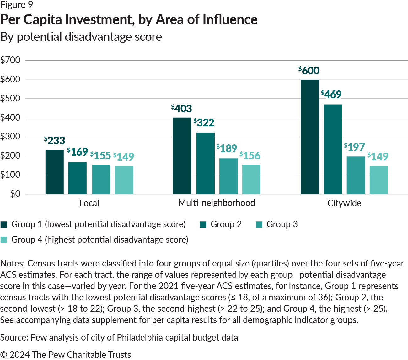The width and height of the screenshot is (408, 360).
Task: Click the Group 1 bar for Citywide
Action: point(310,137)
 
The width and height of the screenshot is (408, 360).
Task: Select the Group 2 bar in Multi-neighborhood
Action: point(206,163)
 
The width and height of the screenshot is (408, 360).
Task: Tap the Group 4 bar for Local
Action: point(124,180)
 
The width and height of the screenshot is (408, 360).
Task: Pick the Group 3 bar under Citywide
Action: point(356,175)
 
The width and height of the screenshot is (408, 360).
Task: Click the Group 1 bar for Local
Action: point(55,172)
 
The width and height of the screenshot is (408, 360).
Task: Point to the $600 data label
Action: point(309,71)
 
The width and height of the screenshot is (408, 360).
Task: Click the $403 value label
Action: point(181,109)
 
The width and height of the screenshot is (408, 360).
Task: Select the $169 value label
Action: point(78,152)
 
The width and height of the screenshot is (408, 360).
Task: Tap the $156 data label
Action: point(250,155)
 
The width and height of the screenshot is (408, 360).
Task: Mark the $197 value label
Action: point(354,147)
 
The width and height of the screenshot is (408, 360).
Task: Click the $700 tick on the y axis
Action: point(10,60)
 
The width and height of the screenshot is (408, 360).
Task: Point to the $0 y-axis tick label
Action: point(15,194)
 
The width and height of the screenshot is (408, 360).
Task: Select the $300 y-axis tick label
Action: point(10,137)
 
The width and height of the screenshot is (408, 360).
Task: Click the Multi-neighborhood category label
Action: point(217,203)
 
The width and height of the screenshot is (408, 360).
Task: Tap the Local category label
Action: point(89,203)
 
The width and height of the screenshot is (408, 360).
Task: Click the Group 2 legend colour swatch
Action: point(203,224)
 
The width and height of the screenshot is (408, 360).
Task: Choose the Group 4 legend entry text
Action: point(100,240)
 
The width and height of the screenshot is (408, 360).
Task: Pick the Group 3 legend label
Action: point(282,224)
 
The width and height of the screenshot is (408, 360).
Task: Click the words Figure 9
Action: point(17,5)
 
